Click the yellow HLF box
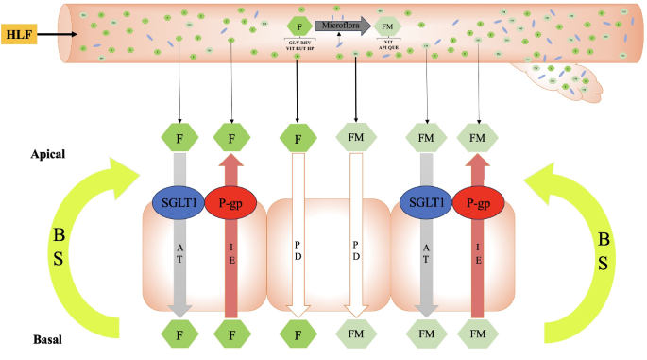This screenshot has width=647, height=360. point(18,35)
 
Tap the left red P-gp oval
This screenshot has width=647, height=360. point(230,204)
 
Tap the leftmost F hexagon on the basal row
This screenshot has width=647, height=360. point(179,334)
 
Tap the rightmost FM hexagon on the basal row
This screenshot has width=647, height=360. point(479,334)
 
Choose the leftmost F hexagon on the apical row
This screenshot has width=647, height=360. point(179,138)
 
